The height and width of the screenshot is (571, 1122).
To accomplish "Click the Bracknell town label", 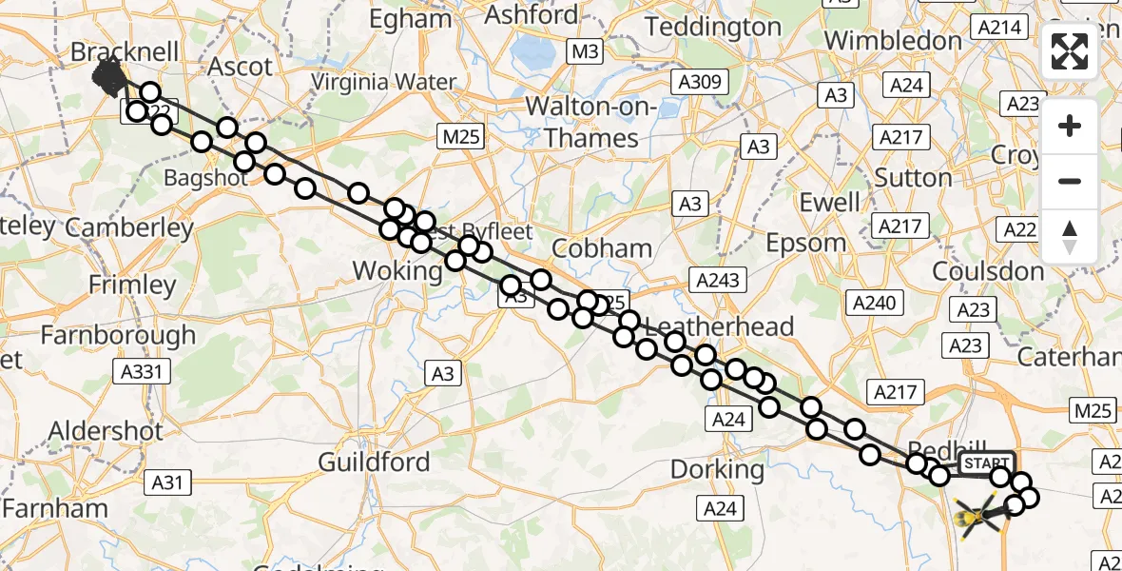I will pyautogui.click(x=125, y=51).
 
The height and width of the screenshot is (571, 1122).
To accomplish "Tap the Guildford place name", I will pyautogui.click(x=374, y=463).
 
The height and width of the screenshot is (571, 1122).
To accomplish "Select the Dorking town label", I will pyautogui.click(x=717, y=469).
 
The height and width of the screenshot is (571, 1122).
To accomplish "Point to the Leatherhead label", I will pyautogui.click(x=719, y=327).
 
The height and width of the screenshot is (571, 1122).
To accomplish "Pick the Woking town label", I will pyautogui.click(x=397, y=271).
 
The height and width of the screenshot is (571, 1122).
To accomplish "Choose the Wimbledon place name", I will pyautogui.click(x=894, y=40).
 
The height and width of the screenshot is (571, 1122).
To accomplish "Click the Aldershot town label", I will pyautogui.click(x=106, y=430).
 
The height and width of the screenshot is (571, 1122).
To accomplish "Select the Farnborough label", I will pyautogui.click(x=118, y=335).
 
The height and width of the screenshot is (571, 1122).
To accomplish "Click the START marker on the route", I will pyautogui.click(x=987, y=463).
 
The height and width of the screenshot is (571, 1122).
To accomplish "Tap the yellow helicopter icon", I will pyautogui.click(x=977, y=517).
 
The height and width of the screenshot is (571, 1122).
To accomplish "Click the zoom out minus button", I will pyautogui.click(x=1070, y=181).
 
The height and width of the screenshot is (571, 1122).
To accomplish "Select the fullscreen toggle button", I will pyautogui.click(x=1070, y=51).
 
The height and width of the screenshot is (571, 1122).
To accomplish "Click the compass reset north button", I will pyautogui.click(x=1070, y=236).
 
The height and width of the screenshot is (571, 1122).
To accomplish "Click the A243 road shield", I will pyautogui.click(x=720, y=281).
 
